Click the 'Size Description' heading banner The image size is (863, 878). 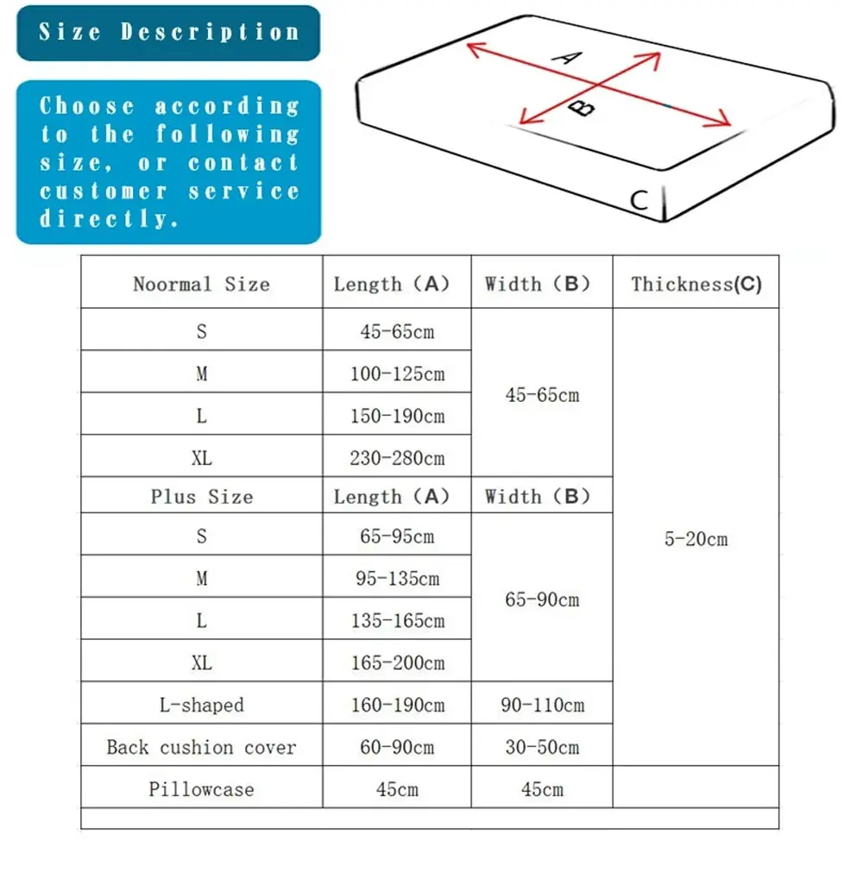168,33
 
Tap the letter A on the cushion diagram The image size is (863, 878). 567,58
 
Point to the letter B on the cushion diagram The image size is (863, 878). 585,108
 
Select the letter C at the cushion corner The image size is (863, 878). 639,200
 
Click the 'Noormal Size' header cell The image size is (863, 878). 201,284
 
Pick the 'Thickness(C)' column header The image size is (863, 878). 696,284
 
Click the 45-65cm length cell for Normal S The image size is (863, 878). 397,331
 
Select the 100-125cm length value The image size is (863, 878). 397,373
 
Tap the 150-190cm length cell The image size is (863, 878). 397,416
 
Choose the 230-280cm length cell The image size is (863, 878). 397,458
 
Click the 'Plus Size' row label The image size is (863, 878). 201,497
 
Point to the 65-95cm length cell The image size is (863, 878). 397,536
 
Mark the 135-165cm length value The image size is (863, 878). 397,621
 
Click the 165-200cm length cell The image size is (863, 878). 397,663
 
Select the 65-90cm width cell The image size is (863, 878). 542,599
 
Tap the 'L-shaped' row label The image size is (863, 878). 201,705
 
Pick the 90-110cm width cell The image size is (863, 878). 542,705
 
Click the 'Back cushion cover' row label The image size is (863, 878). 201,747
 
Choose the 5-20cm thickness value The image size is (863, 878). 696,539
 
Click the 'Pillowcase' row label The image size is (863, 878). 201,789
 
